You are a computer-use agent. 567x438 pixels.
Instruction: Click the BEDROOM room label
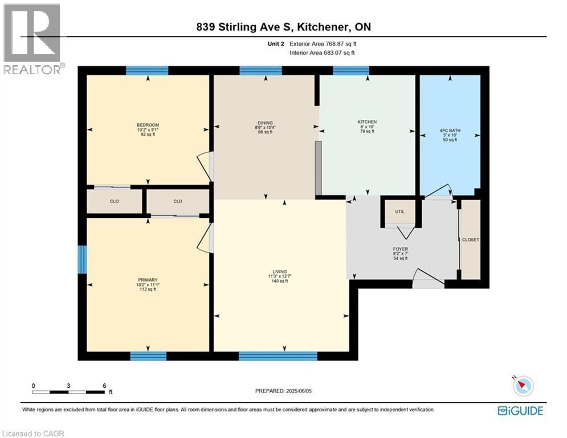(x=148, y=125)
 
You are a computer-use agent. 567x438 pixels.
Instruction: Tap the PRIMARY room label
(x=147, y=280)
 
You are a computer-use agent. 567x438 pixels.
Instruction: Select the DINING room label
(x=265, y=123)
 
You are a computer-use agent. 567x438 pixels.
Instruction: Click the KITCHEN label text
(x=367, y=122)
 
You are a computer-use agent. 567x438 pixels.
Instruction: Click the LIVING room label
(x=279, y=271)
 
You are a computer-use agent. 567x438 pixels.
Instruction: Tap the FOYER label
(x=401, y=249)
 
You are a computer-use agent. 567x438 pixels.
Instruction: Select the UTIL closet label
(x=399, y=212)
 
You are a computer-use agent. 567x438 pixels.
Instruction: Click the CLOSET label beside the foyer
(x=471, y=240)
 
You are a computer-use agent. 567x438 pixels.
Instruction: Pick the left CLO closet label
(x=115, y=201)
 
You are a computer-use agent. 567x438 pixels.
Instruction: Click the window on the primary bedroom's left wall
(x=82, y=259)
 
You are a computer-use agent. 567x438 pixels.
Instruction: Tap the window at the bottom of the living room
(x=278, y=356)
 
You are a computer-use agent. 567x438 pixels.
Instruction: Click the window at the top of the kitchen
(x=350, y=71)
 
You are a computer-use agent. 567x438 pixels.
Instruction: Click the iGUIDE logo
(x=520, y=411)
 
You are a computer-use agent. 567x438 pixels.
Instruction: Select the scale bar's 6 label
(x=104, y=386)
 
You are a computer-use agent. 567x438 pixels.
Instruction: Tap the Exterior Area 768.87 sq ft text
(x=323, y=44)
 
